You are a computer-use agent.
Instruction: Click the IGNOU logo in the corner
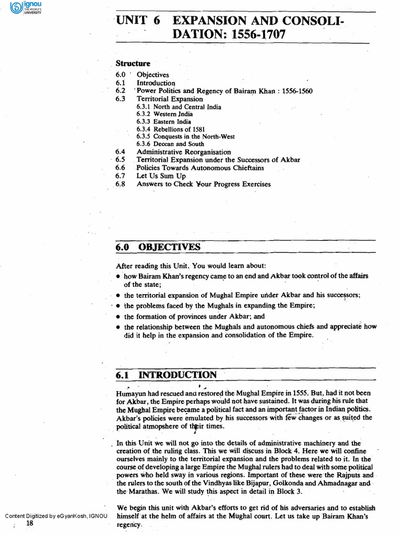coord(21,9)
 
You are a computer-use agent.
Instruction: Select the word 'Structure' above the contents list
coord(133,63)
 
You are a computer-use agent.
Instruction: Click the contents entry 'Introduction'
coord(156,83)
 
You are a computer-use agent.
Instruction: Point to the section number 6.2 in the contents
coord(120,91)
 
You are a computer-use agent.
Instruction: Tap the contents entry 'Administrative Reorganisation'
coord(183,152)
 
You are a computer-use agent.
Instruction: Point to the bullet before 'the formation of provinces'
coord(119,317)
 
